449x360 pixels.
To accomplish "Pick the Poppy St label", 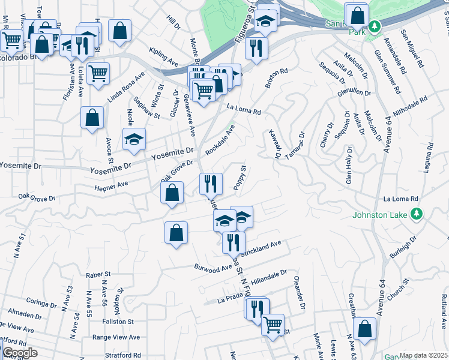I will pyautogui.click(x=239, y=178).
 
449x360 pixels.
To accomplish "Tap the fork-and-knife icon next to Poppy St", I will pyautogui.click(x=211, y=183).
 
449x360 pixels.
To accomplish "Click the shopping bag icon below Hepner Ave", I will pyautogui.click(x=172, y=193).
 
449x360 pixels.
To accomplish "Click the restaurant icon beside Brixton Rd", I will pyautogui.click(x=256, y=49).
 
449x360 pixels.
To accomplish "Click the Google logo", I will pyautogui.click(x=20, y=353).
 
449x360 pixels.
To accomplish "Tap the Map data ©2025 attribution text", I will pyautogui.click(x=423, y=355).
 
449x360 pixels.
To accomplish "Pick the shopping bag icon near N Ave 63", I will pyautogui.click(x=364, y=329).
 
